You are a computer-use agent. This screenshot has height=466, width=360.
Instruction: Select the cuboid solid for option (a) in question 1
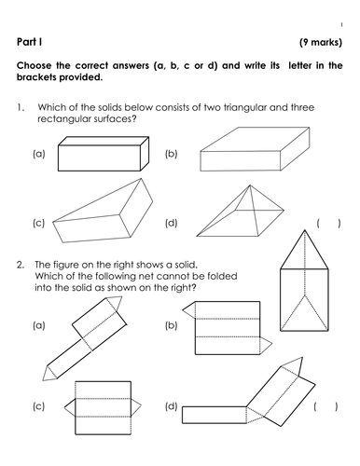click(x=98, y=153)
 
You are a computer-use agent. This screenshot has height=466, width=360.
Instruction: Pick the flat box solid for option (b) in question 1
click(x=256, y=151)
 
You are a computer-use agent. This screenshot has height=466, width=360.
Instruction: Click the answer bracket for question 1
click(x=328, y=223)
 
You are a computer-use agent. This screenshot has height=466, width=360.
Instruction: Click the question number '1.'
click(x=21, y=108)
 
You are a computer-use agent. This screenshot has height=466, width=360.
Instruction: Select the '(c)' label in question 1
click(x=38, y=223)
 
